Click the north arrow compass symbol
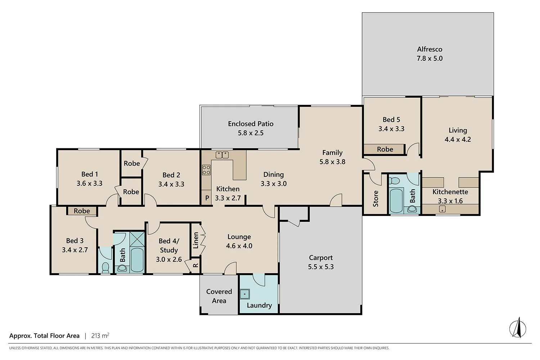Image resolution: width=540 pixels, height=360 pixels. (x=518, y=328)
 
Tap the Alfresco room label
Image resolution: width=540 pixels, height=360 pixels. (x=429, y=49)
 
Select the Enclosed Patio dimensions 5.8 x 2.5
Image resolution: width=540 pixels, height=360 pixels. (x=251, y=133)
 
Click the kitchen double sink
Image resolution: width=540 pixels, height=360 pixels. (x=222, y=155)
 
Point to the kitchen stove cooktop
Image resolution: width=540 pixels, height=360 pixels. (x=206, y=170)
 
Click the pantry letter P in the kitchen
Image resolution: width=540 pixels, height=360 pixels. (x=207, y=198)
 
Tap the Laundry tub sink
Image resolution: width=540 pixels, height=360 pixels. (x=245, y=294)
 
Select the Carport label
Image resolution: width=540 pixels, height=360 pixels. (x=320, y=258)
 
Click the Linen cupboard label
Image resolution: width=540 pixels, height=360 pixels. (x=196, y=240)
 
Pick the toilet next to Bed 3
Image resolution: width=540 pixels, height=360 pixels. (x=105, y=267)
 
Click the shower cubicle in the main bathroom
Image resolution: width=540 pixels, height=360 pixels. (x=137, y=239)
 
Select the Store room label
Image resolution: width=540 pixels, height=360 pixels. (x=375, y=198)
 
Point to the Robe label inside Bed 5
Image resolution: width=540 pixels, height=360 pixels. (x=385, y=149)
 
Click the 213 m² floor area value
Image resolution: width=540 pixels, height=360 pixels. (x=100, y=336)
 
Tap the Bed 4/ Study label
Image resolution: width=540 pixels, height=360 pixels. (x=168, y=246)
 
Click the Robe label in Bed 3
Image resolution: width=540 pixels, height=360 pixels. (x=82, y=211)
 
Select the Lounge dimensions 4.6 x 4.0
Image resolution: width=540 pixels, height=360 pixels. (x=239, y=246)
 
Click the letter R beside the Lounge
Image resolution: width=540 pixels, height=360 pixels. (x=195, y=266)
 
